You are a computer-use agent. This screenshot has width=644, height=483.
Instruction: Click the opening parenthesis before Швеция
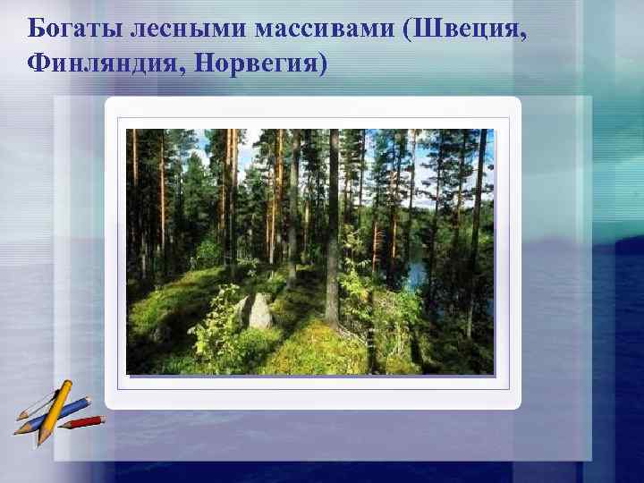coord(409,30)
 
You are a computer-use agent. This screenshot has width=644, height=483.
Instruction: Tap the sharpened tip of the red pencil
coord(102,418)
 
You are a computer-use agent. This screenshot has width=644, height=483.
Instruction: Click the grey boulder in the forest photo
coord(258,312)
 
